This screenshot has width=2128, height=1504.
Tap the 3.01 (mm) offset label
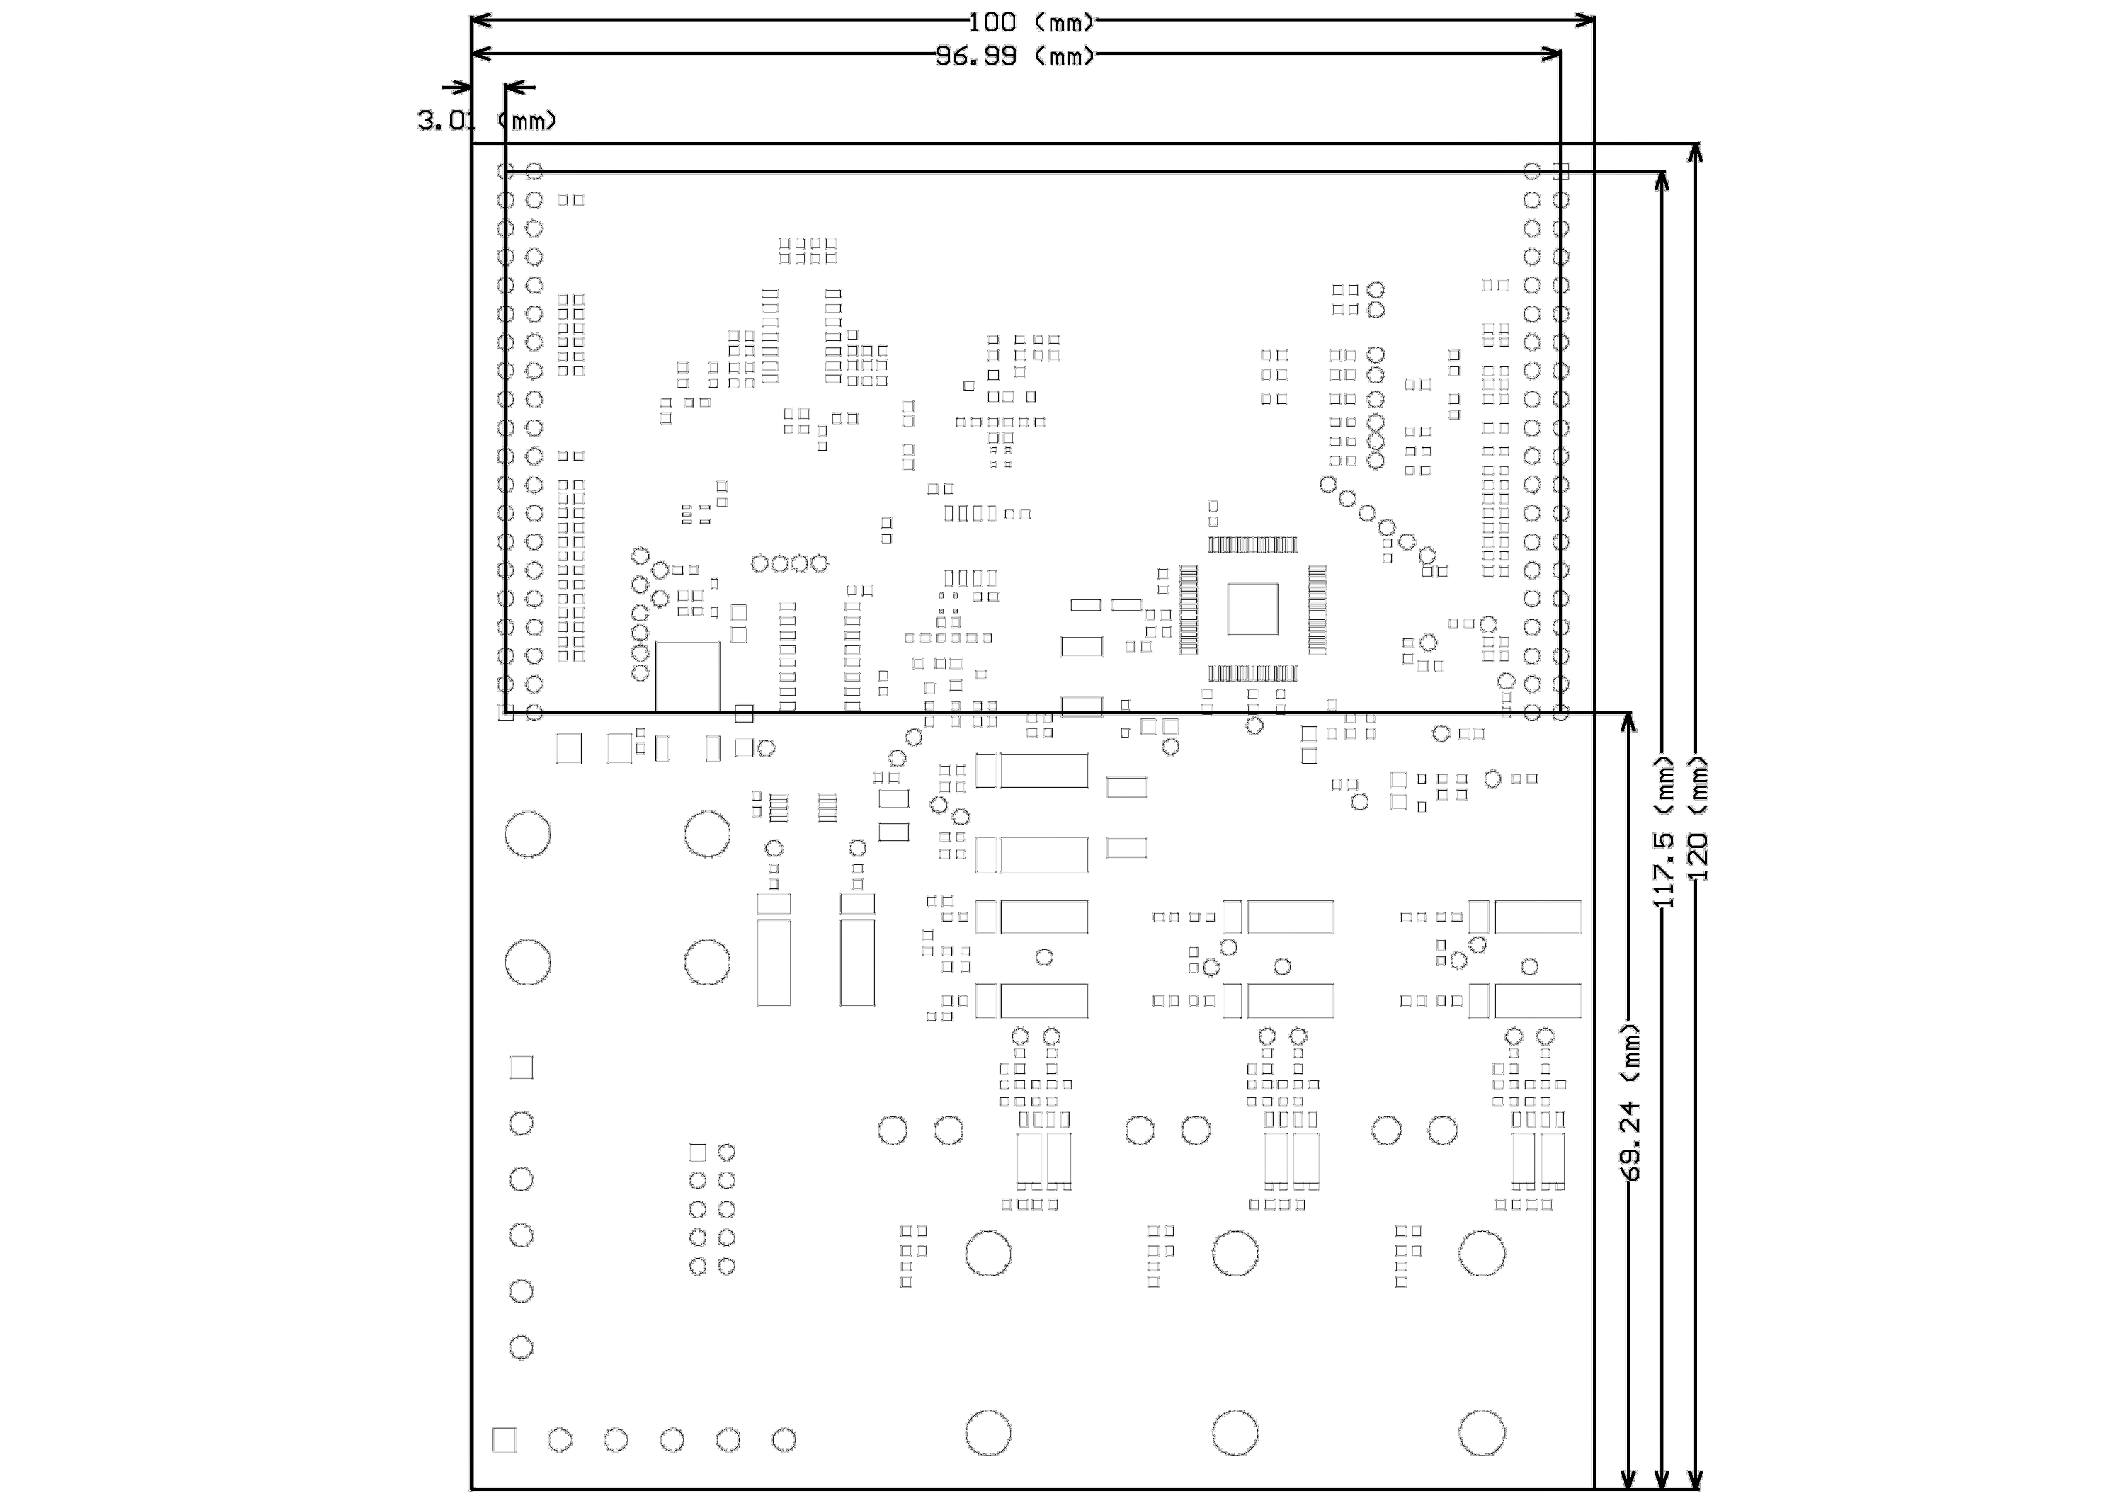click(486, 120)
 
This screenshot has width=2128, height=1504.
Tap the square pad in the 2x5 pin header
click(698, 1152)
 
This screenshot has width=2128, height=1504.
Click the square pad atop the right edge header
click(1561, 171)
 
